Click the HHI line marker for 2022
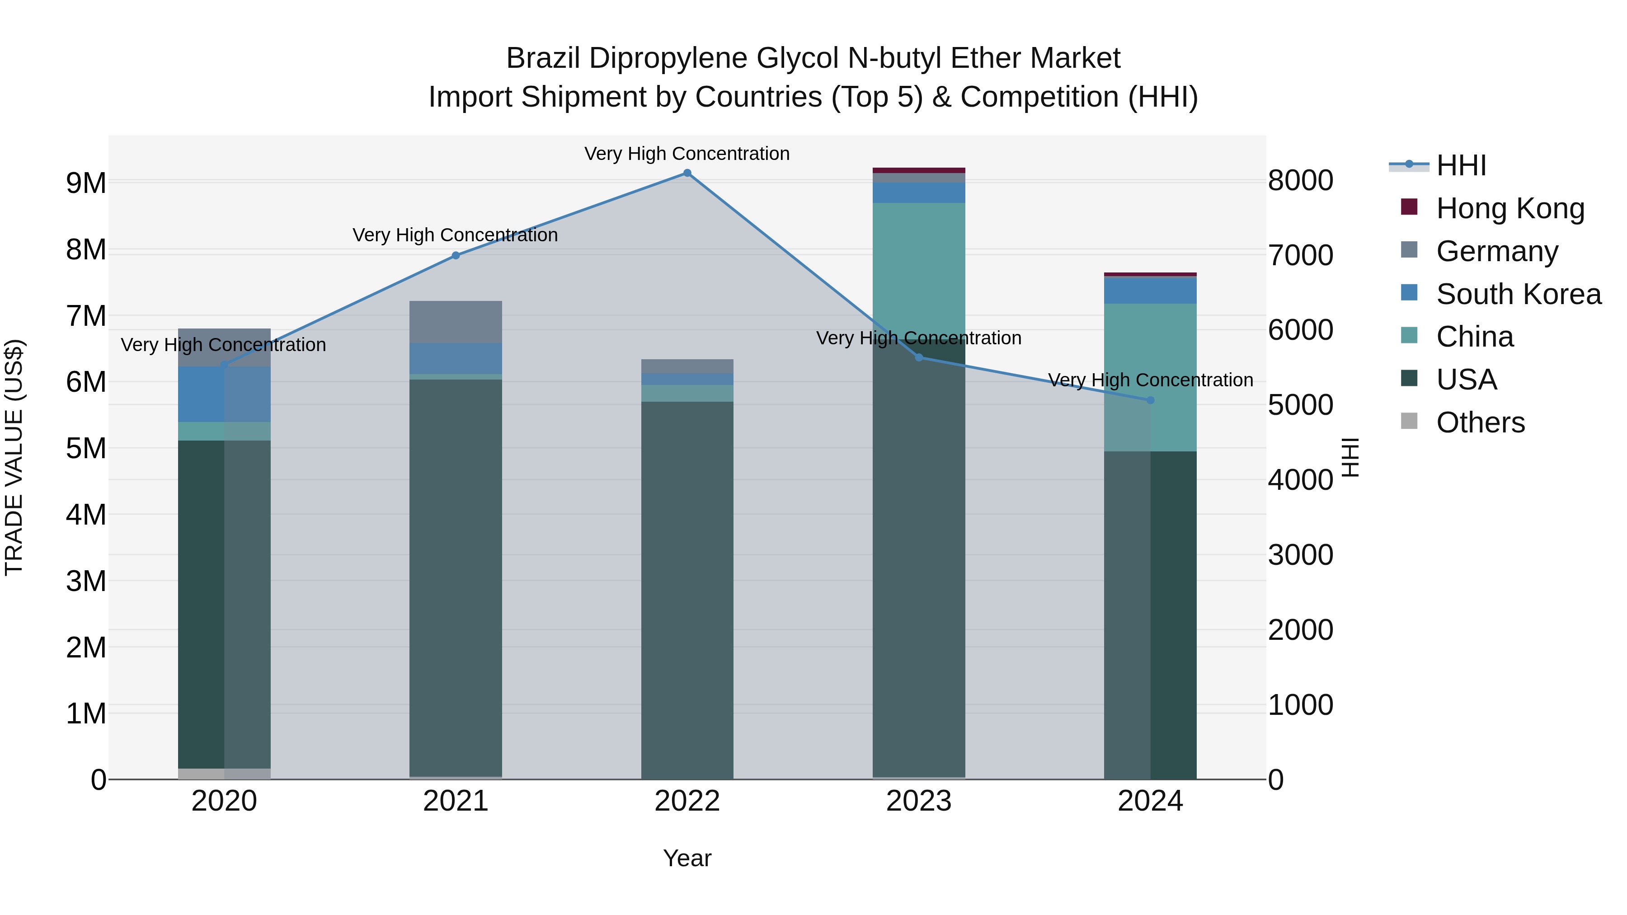click(687, 173)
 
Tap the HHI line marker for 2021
click(456, 256)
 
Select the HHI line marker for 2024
click(1150, 400)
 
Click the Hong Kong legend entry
click(1509, 208)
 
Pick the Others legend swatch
click(1409, 421)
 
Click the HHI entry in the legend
click(1460, 165)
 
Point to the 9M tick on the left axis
click(86, 183)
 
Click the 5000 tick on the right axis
click(1300, 405)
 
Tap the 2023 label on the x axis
click(918, 801)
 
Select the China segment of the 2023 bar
click(919, 272)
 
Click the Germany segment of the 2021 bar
click(456, 322)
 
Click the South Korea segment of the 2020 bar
click(224, 394)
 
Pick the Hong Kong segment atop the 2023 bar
click(919, 170)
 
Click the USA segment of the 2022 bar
click(687, 587)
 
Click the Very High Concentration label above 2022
click(687, 154)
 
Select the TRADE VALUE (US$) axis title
click(14, 457)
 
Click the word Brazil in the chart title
click(543, 59)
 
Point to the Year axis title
click(687, 858)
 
